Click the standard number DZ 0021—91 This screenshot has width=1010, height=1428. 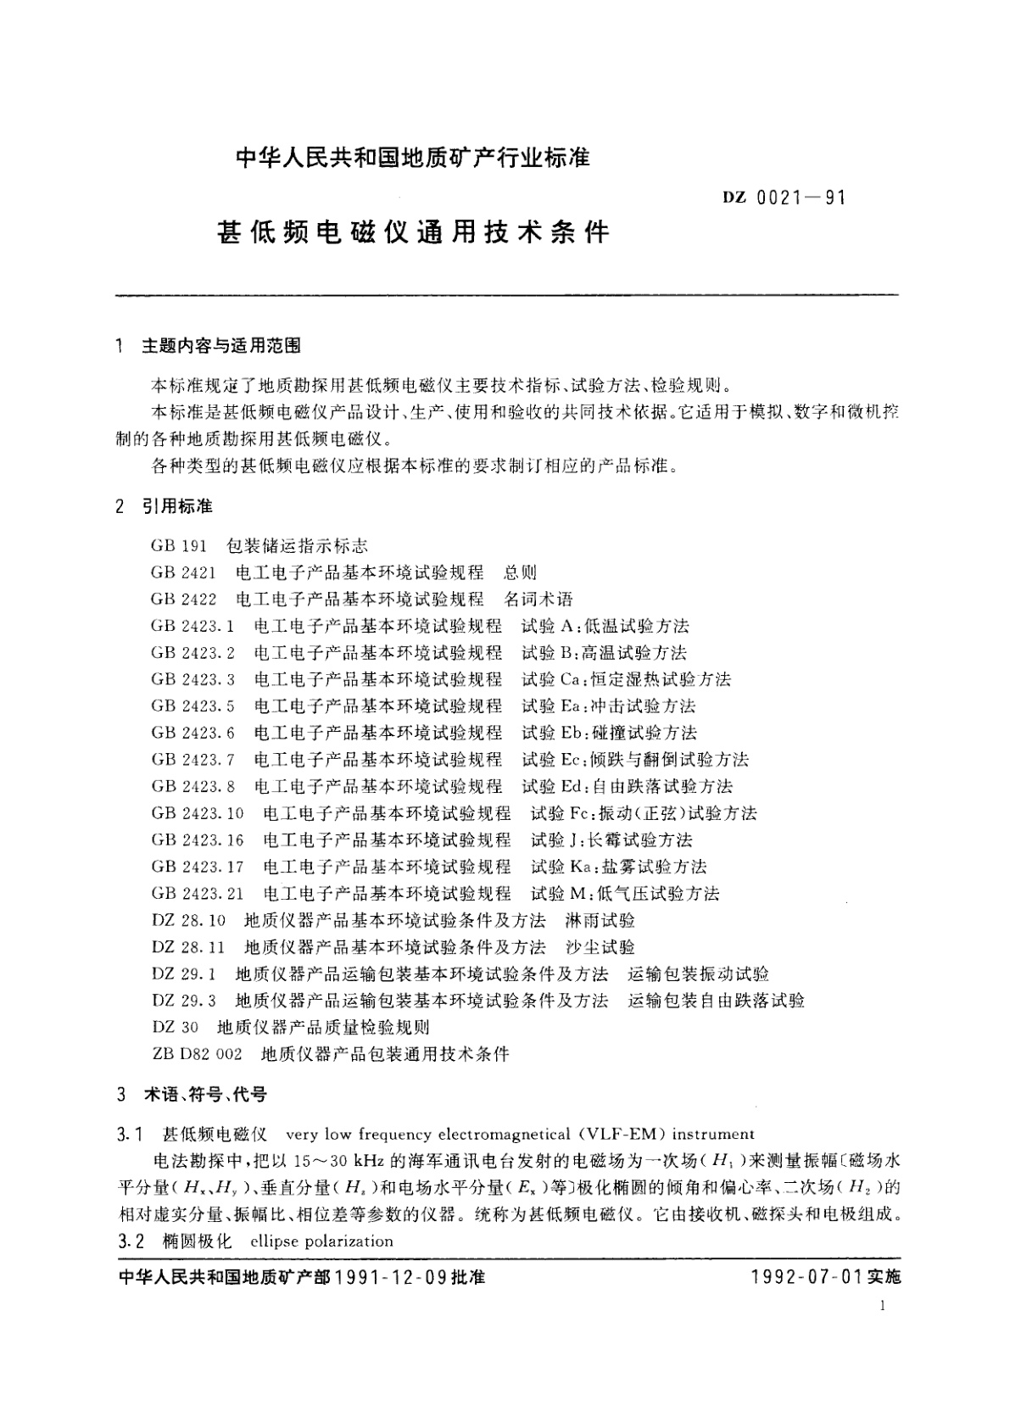point(784,198)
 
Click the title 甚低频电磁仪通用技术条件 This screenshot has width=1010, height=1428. point(414,231)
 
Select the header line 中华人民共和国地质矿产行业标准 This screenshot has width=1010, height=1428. point(412,158)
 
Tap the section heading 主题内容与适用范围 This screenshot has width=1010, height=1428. point(220,346)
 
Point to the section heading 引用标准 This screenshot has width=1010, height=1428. point(177,507)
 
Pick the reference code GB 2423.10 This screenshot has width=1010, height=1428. point(198,814)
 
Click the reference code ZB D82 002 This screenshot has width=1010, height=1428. point(197,1055)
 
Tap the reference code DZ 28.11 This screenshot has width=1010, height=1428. point(189,947)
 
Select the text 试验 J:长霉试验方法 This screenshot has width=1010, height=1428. point(611,840)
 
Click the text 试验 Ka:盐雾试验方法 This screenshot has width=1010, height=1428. point(618,867)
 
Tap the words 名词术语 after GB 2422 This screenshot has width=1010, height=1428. point(538,600)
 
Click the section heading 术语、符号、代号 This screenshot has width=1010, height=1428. point(204,1095)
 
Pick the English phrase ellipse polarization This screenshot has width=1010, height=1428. point(322,1241)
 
